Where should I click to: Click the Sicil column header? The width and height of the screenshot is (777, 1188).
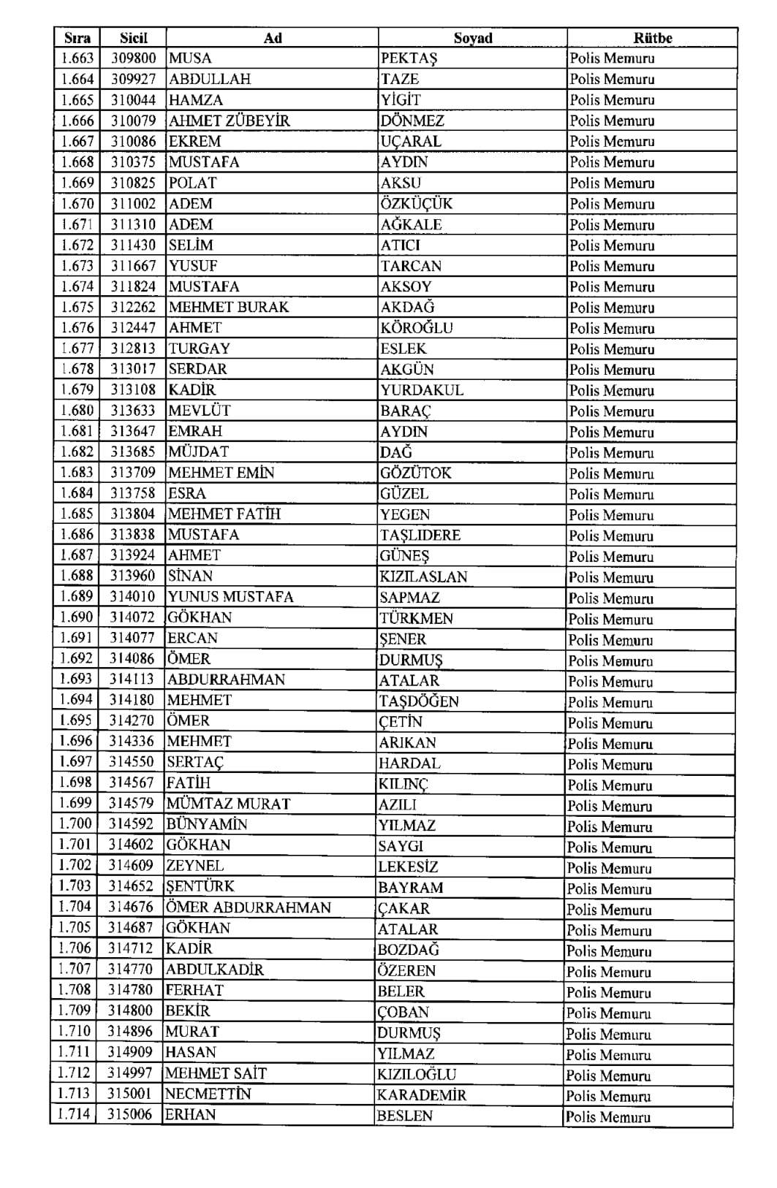click(134, 38)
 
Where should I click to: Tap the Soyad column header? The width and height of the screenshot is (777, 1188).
click(473, 38)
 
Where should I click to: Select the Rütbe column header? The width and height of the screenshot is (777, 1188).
click(652, 38)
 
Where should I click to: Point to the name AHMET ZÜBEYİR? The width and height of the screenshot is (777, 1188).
click(230, 121)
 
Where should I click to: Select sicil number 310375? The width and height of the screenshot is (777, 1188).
click(134, 162)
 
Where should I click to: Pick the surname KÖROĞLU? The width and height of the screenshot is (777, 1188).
click(417, 328)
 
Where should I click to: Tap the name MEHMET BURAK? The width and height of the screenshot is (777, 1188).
click(229, 307)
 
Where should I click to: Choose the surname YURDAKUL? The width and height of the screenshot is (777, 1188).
click(422, 390)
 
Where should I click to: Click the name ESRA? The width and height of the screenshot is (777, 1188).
click(187, 493)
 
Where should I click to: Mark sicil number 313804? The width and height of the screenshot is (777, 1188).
click(133, 514)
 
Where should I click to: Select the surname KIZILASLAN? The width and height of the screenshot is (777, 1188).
click(423, 576)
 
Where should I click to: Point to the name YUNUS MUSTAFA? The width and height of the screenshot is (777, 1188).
click(231, 597)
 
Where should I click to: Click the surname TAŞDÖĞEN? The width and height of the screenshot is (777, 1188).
click(419, 701)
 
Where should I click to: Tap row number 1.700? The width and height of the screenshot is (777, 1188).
click(76, 824)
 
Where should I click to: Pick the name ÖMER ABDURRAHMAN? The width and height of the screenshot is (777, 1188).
click(249, 907)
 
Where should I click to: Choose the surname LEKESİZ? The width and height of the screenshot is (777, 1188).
click(408, 867)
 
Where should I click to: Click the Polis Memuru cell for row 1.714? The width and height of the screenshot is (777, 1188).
click(608, 1116)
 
